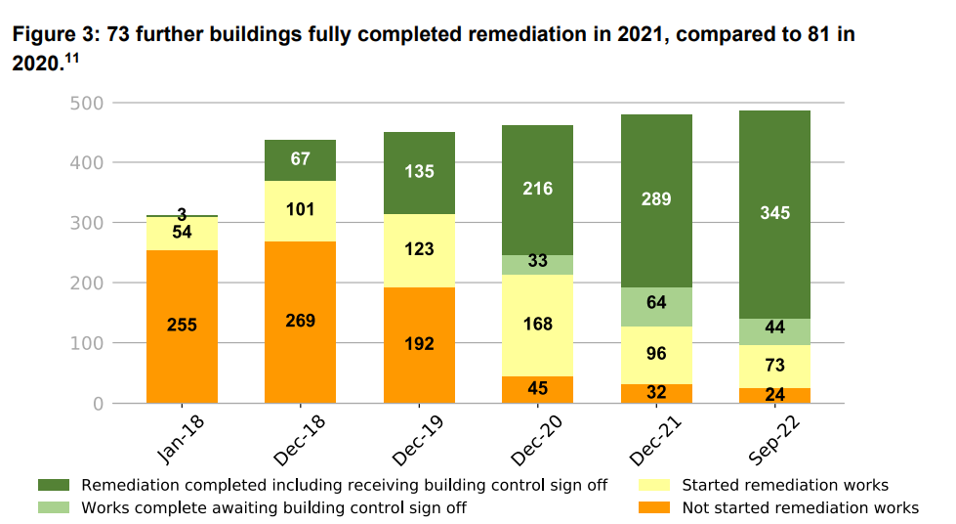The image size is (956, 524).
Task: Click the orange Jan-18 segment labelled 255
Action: click(x=182, y=327)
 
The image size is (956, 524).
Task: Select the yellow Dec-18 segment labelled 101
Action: click(x=300, y=211)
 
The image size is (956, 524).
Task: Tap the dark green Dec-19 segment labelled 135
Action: click(x=419, y=173)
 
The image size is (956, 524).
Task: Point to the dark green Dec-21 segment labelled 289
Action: click(x=656, y=200)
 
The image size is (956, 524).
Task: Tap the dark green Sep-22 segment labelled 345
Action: click(x=774, y=214)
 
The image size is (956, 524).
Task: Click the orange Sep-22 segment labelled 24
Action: click(x=774, y=396)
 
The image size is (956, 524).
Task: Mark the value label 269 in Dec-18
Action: click(x=300, y=322)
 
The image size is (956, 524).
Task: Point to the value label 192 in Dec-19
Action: click(x=419, y=344)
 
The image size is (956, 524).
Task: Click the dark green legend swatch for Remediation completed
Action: click(x=54, y=486)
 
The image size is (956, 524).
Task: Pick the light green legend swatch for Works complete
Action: click(x=54, y=507)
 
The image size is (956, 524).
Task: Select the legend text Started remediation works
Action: click(x=785, y=486)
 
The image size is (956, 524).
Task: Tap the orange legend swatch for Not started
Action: click(x=653, y=507)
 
